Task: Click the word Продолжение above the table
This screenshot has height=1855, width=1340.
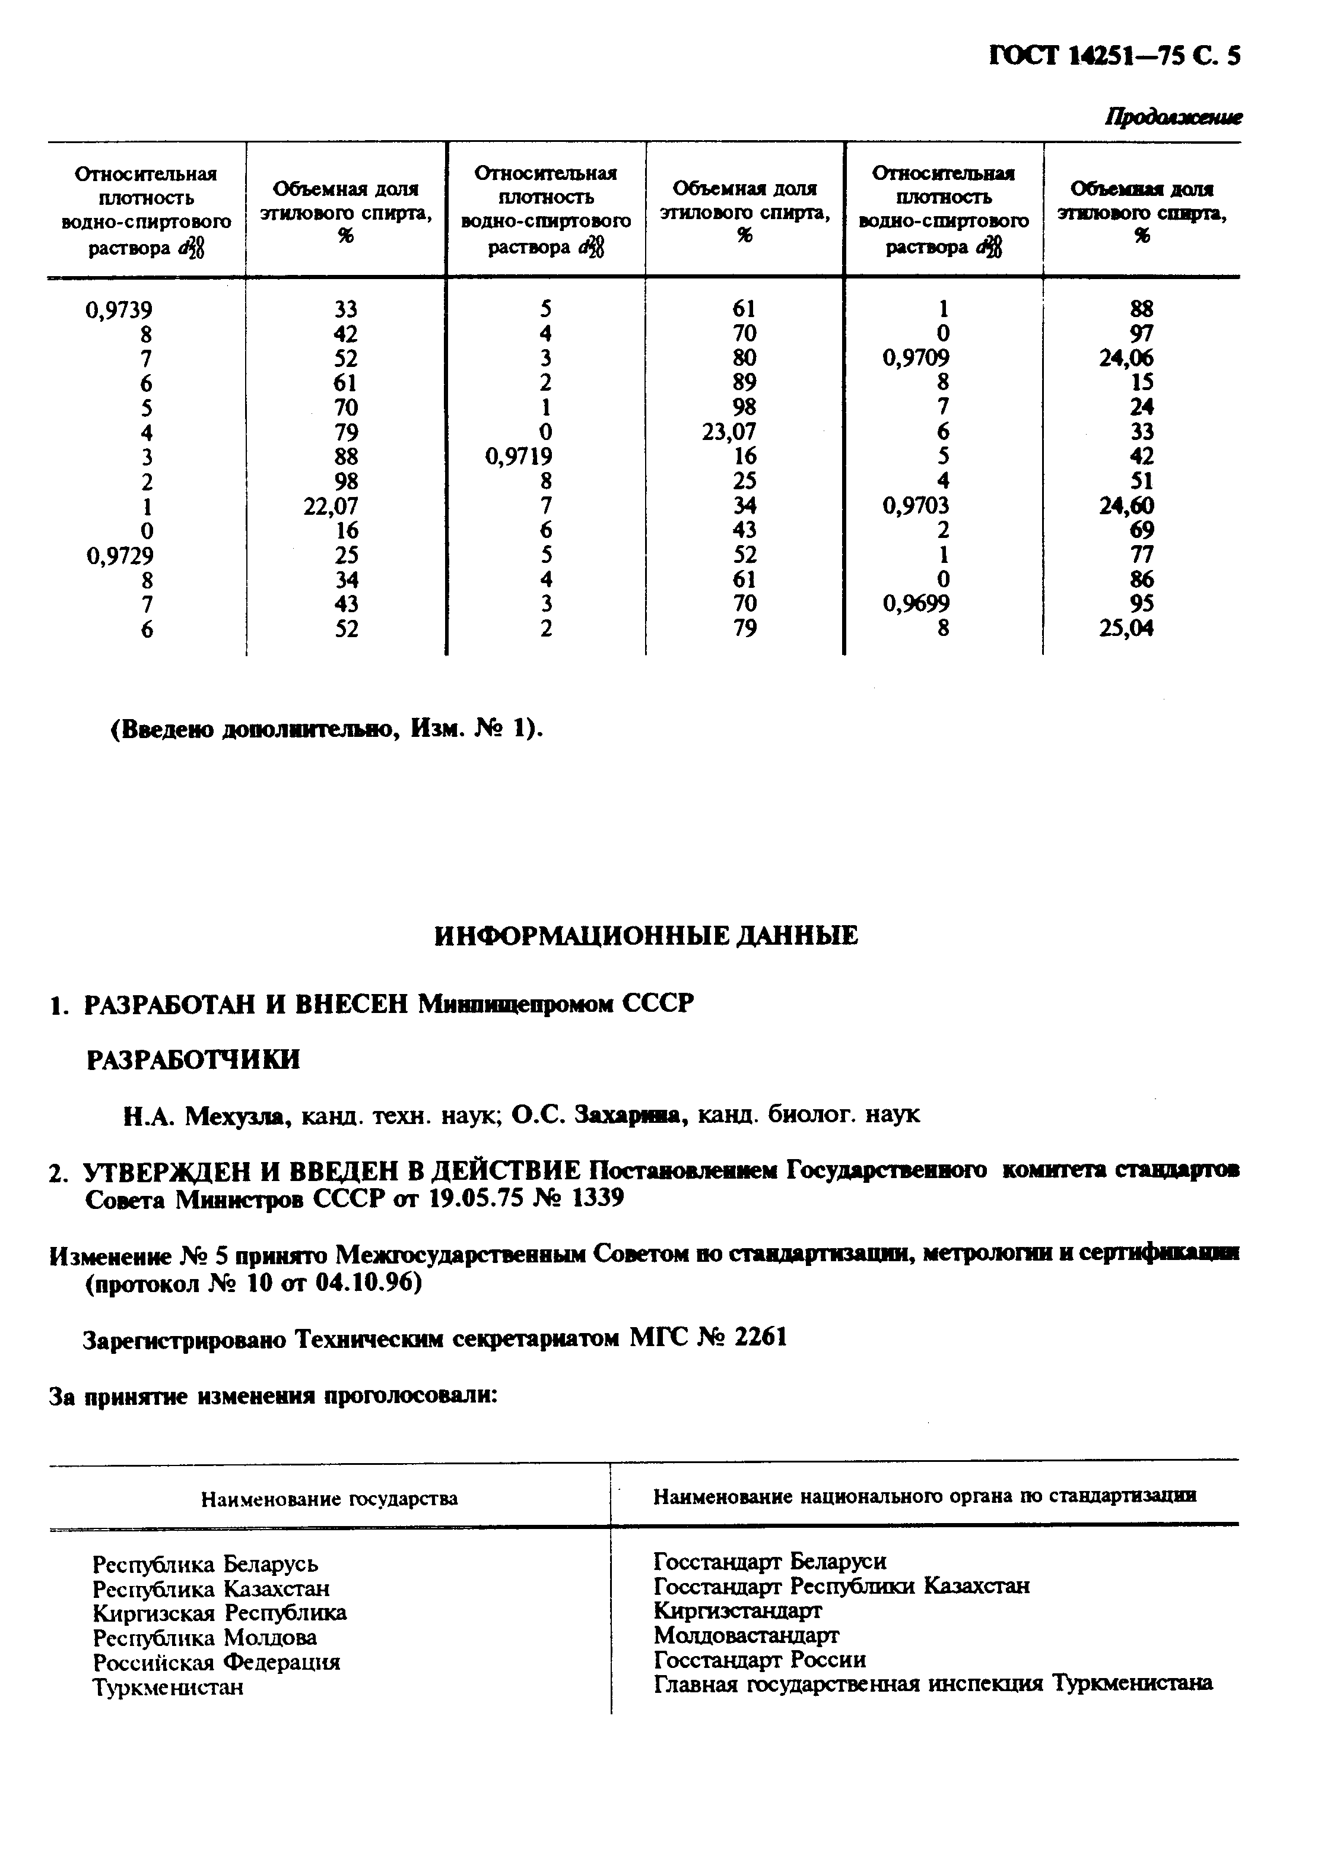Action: pyautogui.click(x=1173, y=118)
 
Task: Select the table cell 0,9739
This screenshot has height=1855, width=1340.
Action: pyautogui.click(x=119, y=310)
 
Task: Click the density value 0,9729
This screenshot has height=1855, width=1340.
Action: pyautogui.click(x=119, y=555)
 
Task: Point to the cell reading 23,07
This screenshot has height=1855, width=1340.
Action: pyautogui.click(x=729, y=431)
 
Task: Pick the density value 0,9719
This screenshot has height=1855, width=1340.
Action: pyautogui.click(x=518, y=457)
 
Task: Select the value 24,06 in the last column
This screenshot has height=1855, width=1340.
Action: pyautogui.click(x=1126, y=357)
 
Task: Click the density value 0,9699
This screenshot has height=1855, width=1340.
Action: pyautogui.click(x=916, y=604)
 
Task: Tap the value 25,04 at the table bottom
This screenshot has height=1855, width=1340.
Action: pyautogui.click(x=1126, y=628)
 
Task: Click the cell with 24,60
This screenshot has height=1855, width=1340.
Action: pyautogui.click(x=1126, y=505)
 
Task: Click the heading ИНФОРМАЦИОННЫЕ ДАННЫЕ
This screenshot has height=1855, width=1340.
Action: pyautogui.click(x=646, y=936)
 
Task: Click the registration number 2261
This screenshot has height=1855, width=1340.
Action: pyautogui.click(x=760, y=1337)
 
